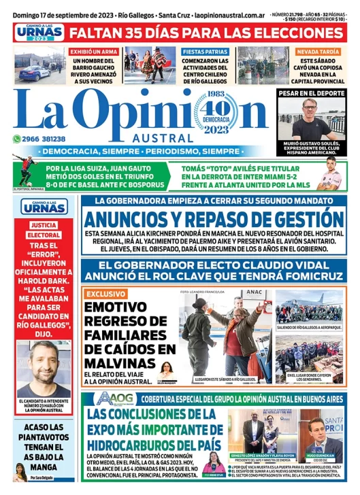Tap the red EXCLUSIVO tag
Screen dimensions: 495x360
click(105, 294)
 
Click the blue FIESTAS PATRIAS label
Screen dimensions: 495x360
click(206, 51)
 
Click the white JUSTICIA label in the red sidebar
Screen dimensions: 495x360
click(44, 224)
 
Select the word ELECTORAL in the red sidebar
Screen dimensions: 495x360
click(44, 235)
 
